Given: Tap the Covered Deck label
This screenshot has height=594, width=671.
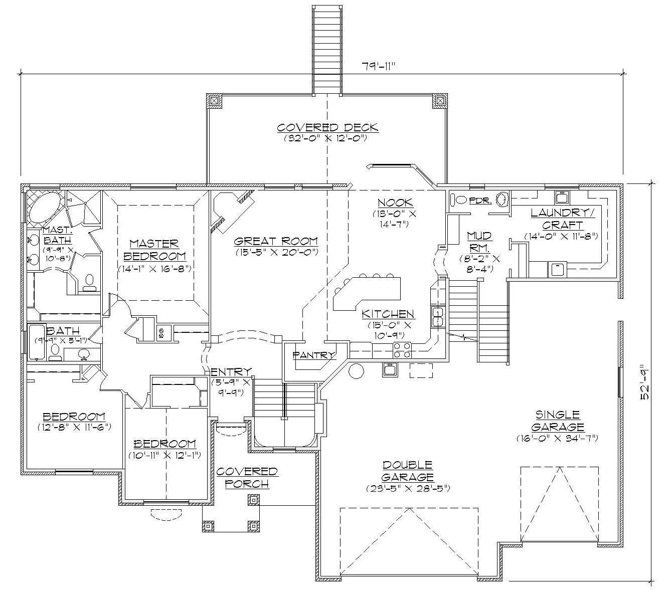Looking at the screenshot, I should (327, 128).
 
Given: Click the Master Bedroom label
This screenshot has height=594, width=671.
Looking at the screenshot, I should (154, 250).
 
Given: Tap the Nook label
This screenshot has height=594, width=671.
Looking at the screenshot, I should (395, 203).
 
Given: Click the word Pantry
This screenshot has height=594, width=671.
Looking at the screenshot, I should (314, 355).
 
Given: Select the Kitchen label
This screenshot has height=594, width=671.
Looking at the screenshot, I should (388, 314).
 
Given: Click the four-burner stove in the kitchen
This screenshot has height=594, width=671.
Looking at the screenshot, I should (402, 350).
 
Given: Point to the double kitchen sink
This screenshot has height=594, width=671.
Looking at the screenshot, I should (438, 317).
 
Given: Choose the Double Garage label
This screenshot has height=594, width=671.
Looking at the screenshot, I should (407, 471).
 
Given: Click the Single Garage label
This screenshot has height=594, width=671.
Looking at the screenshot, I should (558, 421).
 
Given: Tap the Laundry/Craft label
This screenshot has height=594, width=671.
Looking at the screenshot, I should (562, 219).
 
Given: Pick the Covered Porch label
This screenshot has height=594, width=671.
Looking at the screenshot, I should (247, 477).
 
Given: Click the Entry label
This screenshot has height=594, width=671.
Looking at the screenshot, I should (231, 371).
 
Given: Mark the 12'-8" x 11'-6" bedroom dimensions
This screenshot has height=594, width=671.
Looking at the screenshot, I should (74, 427).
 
